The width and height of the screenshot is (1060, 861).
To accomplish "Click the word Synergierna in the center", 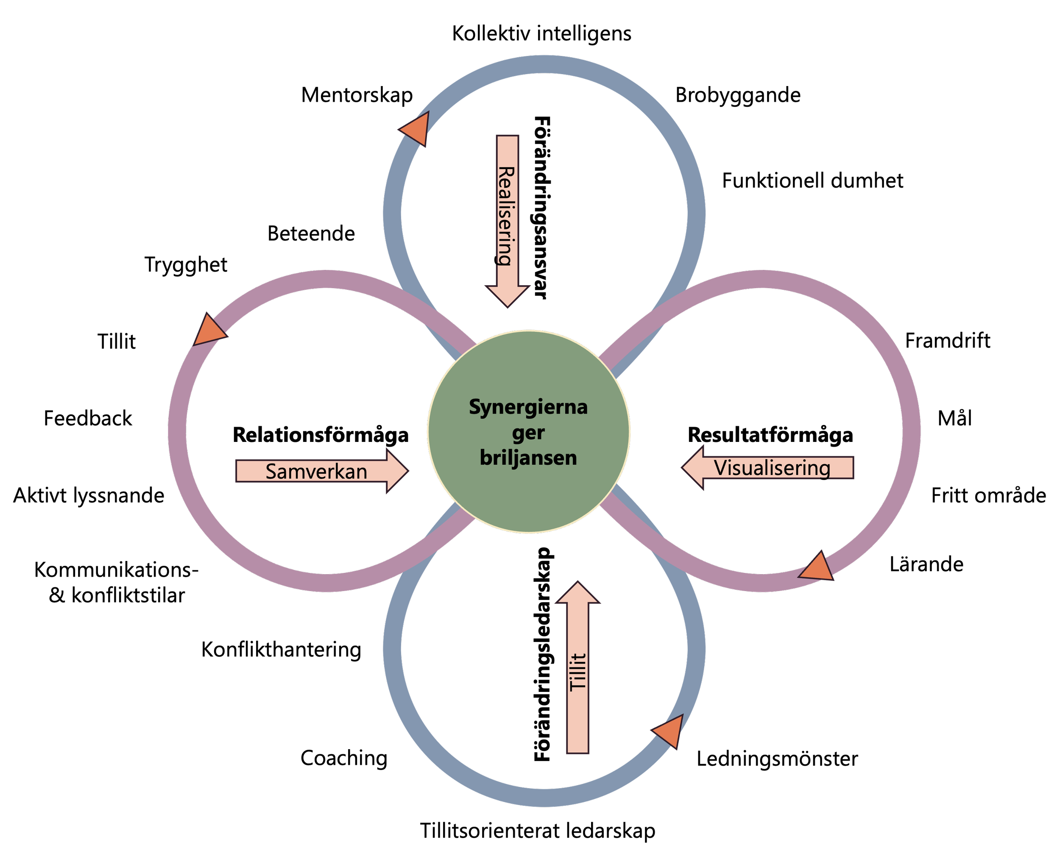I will pyautogui.click(x=528, y=407).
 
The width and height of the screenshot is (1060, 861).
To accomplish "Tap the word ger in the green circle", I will pyautogui.click(x=528, y=433).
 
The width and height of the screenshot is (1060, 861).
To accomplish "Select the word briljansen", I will pyautogui.click(x=528, y=458).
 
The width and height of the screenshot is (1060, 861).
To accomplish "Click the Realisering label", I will pyautogui.click(x=506, y=216).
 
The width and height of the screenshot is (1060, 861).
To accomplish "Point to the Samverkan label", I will pyautogui.click(x=316, y=472).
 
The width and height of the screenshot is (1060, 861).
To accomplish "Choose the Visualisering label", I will pyautogui.click(x=772, y=468).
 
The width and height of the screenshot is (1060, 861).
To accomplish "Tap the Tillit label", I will pyautogui.click(x=577, y=672).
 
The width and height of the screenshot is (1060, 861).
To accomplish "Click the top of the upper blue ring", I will pyautogui.click(x=544, y=65).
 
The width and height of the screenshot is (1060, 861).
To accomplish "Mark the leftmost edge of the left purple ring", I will pyautogui.click(x=178, y=431).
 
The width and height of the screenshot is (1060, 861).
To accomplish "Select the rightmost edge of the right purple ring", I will pyautogui.click(x=911, y=431).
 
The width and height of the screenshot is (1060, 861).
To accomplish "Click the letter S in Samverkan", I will pyautogui.click(x=271, y=472).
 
